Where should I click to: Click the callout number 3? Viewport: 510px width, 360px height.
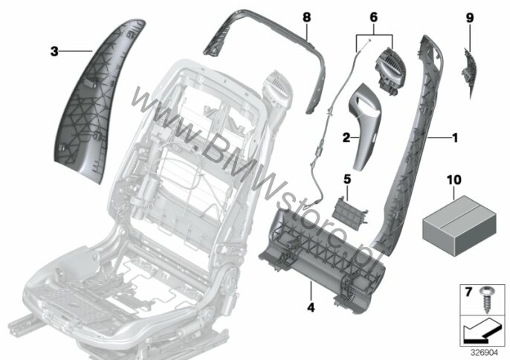54,51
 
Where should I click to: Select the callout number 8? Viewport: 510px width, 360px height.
307,17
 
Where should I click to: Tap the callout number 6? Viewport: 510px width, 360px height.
374,17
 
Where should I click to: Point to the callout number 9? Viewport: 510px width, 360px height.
470,18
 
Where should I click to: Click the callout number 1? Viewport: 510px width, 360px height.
455,138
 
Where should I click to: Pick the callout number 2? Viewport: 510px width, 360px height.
346,138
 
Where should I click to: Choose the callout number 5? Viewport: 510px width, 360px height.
347,179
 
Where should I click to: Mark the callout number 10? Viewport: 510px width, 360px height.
454,179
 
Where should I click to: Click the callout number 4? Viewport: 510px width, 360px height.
311,307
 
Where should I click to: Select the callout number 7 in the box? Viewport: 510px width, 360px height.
468,292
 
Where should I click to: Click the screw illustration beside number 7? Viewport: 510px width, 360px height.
486,299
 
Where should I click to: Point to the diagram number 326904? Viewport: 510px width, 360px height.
485,353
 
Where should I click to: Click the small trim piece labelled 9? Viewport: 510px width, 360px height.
468,72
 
